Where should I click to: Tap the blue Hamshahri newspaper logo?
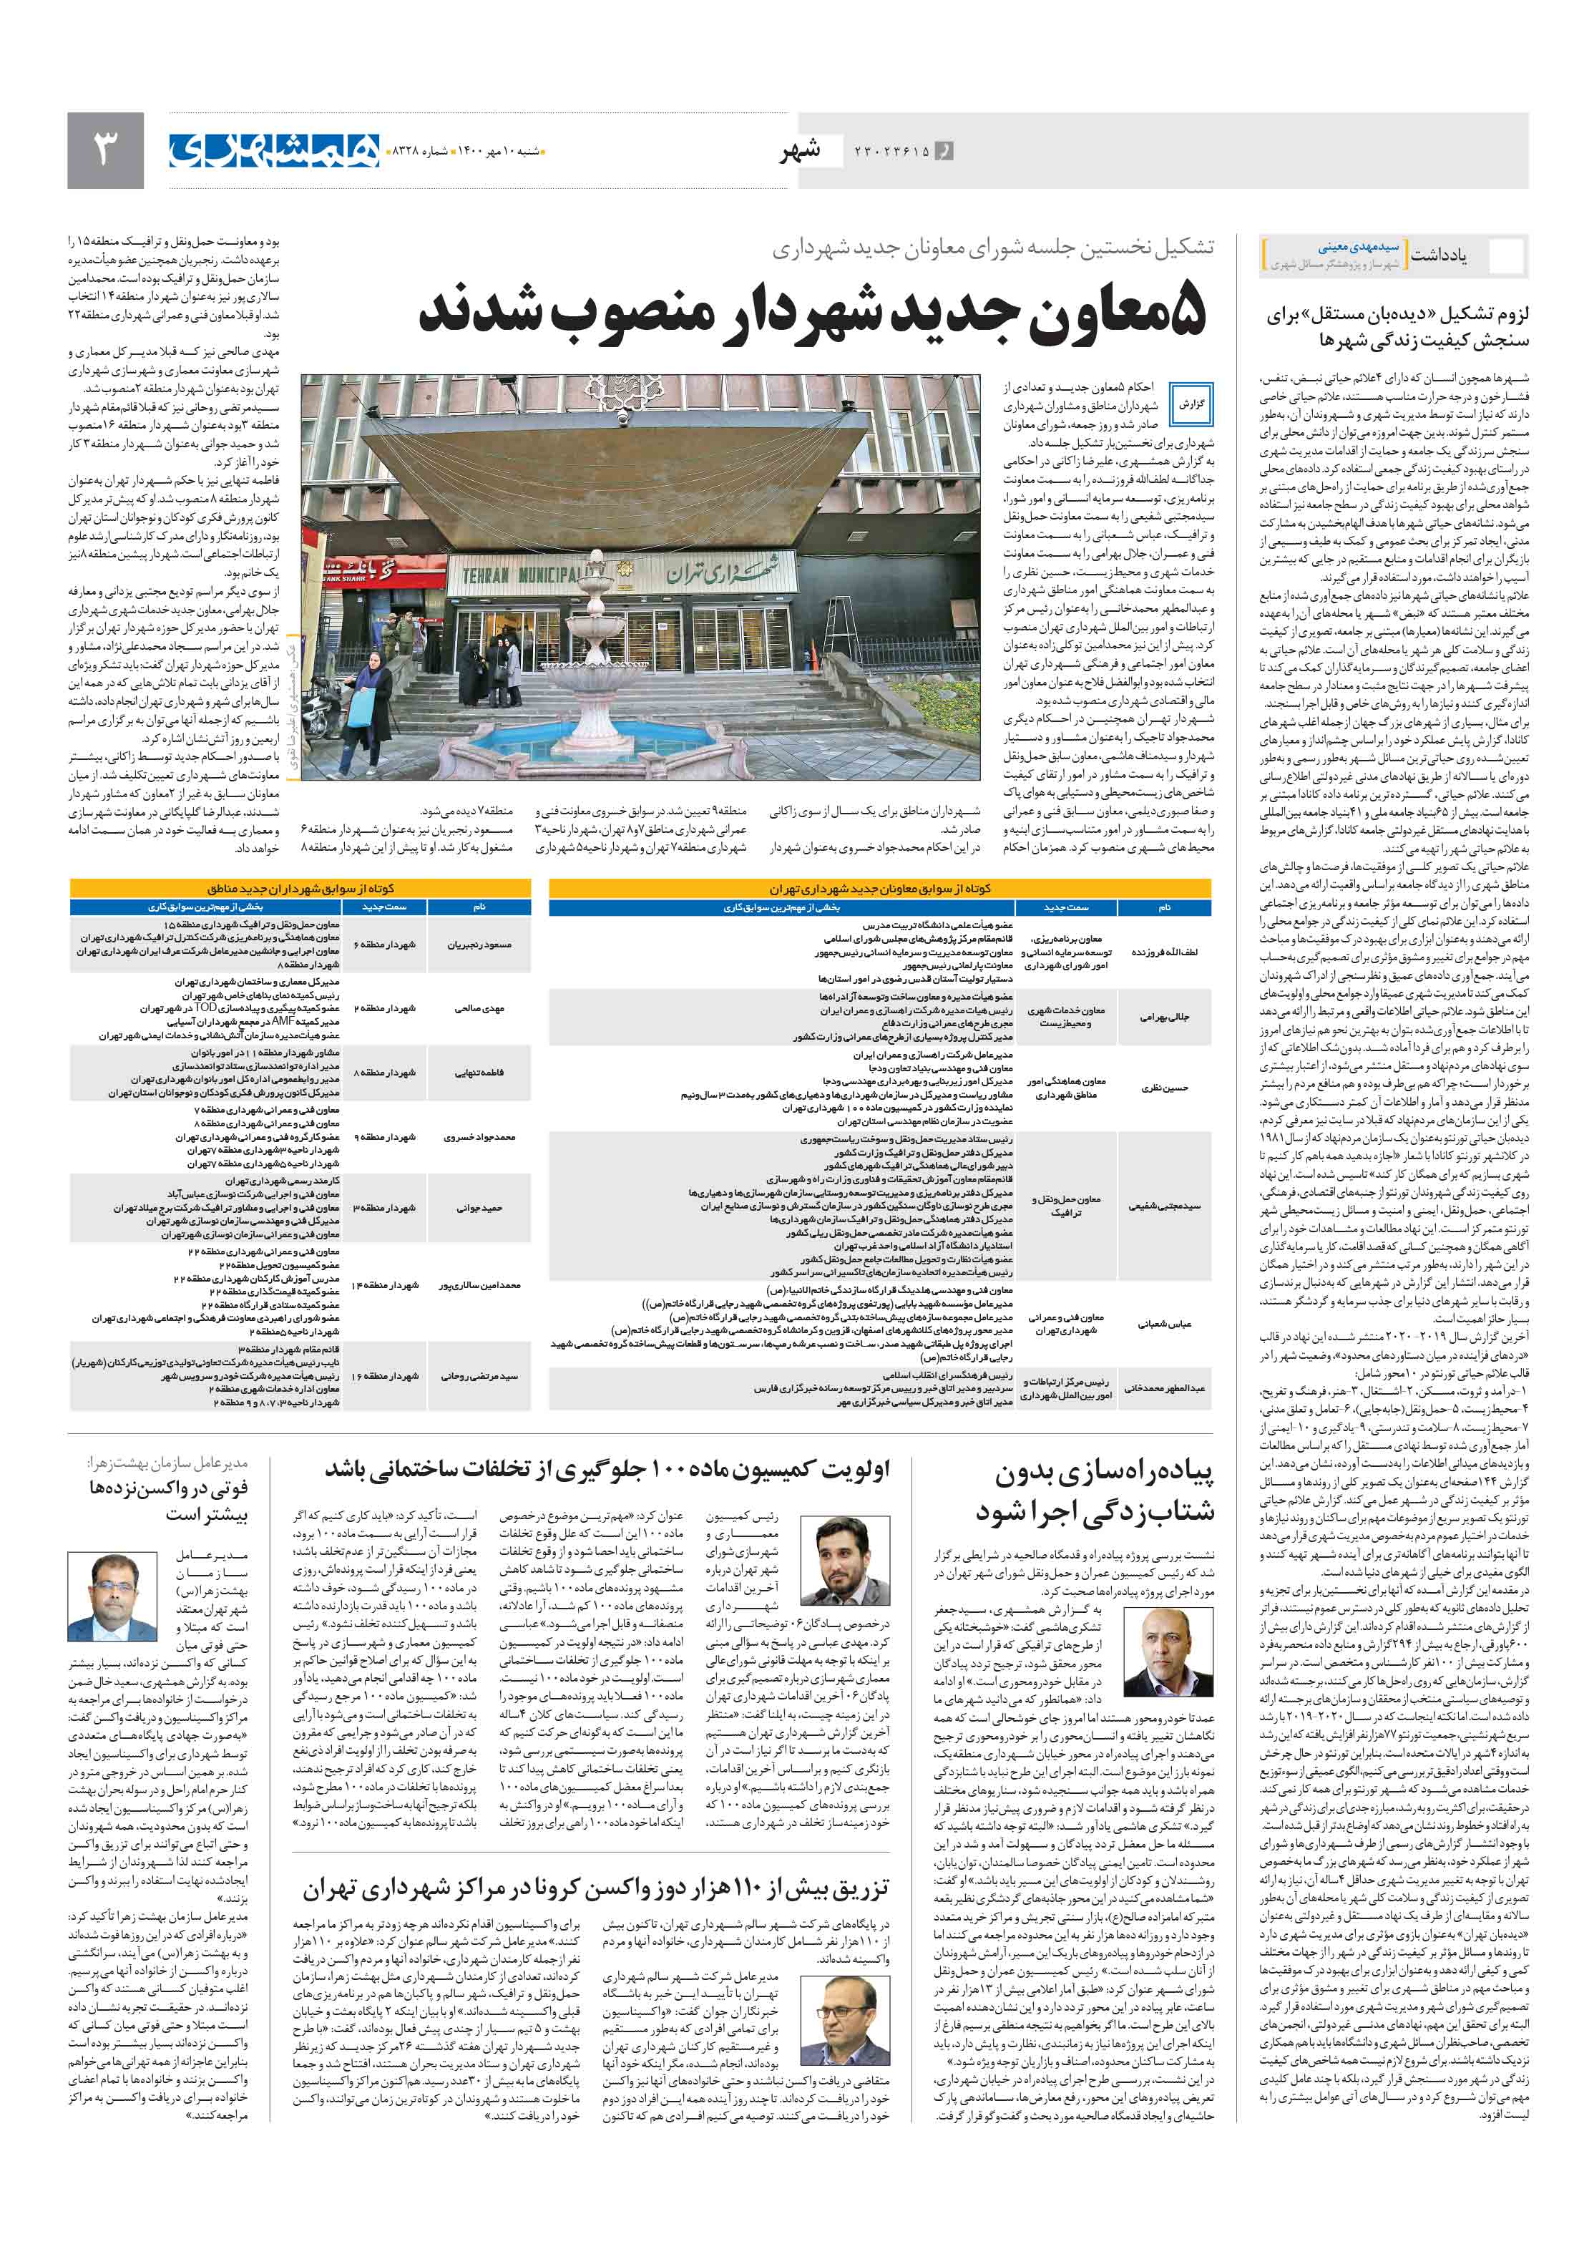click(273, 150)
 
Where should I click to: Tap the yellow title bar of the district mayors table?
click(300, 889)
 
